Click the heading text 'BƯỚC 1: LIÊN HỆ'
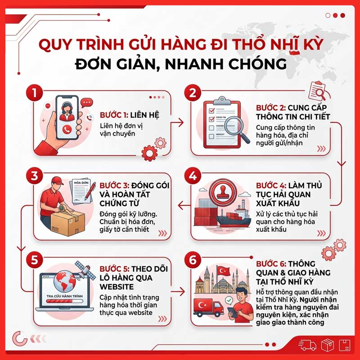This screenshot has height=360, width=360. tap(129, 115)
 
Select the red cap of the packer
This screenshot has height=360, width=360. tap(57, 180)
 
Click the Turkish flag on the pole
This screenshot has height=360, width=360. tap(224, 271)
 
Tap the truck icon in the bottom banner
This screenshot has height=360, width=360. tap(308, 346)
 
